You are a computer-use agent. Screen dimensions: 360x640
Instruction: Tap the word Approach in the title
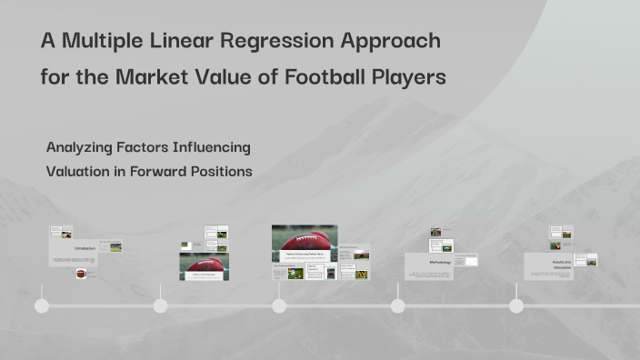[x=392, y=42]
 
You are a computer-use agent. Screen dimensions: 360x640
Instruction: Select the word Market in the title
[x=149, y=77]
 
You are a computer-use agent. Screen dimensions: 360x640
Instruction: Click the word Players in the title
[x=409, y=77]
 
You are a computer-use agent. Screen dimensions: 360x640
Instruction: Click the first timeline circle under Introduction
[x=42, y=305]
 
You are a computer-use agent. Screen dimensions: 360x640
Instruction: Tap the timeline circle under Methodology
[x=397, y=305]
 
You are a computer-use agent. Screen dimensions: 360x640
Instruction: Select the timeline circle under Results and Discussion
[x=516, y=305]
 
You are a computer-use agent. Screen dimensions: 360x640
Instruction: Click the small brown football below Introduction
[x=81, y=273]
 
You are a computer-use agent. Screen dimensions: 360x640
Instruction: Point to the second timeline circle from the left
[x=160, y=305]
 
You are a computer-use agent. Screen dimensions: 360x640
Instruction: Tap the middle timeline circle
[x=279, y=305]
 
